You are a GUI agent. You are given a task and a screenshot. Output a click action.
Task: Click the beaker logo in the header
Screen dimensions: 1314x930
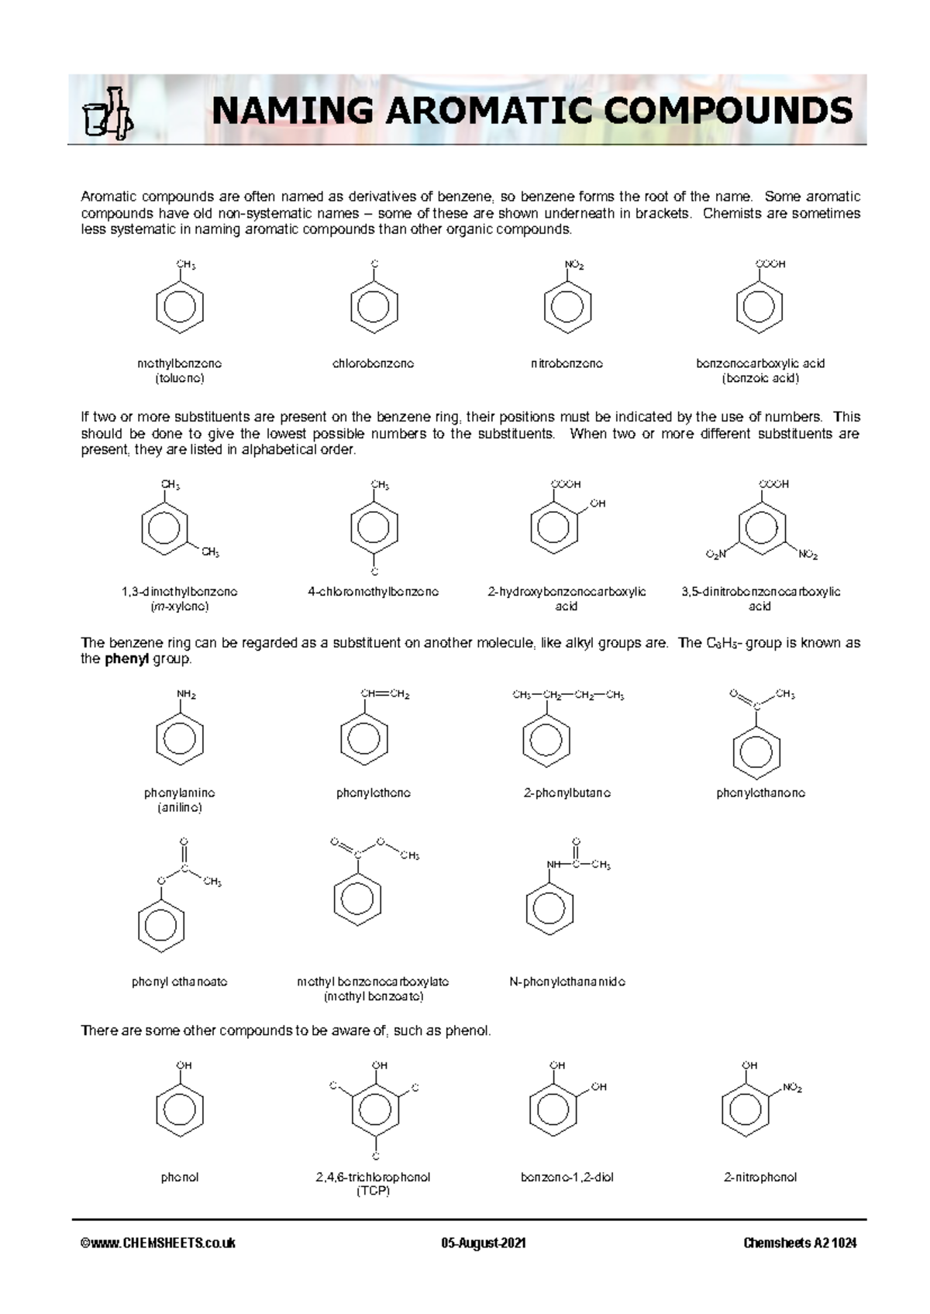pyautogui.click(x=108, y=114)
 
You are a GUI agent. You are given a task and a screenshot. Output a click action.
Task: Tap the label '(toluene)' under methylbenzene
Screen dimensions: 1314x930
pyautogui.click(x=180, y=378)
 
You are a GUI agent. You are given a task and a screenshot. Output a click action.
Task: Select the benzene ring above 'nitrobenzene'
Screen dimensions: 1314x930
pyautogui.click(x=567, y=308)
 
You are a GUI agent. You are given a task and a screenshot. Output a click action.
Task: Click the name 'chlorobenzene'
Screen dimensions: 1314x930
pyautogui.click(x=374, y=363)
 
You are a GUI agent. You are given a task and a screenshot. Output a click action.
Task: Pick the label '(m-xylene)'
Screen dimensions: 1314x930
pyautogui.click(x=180, y=607)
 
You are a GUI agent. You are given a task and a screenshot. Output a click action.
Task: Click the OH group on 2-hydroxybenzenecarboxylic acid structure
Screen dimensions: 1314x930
pyautogui.click(x=598, y=504)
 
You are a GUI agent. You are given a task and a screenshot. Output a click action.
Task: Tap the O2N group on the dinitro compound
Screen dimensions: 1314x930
pyautogui.click(x=716, y=555)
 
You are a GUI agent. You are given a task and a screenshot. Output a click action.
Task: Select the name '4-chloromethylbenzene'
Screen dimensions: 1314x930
pyautogui.click(x=374, y=592)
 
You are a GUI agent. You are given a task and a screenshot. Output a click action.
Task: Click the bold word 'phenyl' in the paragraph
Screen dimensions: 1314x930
pyautogui.click(x=126, y=659)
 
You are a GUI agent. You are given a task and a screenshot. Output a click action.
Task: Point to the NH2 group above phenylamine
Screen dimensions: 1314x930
pyautogui.click(x=187, y=695)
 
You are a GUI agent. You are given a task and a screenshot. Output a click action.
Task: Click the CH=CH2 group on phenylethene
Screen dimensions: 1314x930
pyautogui.click(x=384, y=694)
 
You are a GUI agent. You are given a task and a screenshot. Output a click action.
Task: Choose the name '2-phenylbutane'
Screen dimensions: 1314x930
pyautogui.click(x=567, y=793)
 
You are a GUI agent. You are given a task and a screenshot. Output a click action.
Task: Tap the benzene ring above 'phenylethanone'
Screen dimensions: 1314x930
pyautogui.click(x=756, y=752)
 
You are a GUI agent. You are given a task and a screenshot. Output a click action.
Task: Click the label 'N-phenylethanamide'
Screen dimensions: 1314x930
pyautogui.click(x=567, y=982)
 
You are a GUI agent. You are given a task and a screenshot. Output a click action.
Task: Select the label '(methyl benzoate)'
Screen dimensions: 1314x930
pyautogui.click(x=374, y=996)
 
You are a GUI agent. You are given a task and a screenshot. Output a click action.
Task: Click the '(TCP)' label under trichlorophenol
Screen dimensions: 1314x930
pyautogui.click(x=374, y=1192)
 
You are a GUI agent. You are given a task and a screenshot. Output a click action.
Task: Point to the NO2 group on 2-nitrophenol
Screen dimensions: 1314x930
pyautogui.click(x=792, y=1088)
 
